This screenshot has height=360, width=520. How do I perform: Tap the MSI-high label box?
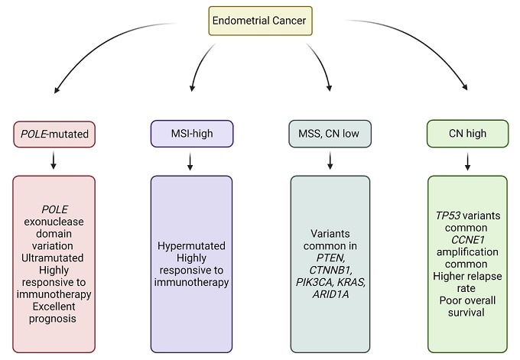[x=191, y=135]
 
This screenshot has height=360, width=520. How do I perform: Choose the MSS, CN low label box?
[x=330, y=135]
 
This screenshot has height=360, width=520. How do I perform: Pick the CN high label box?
[x=467, y=135]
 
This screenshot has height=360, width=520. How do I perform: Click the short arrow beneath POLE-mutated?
[x=53, y=161]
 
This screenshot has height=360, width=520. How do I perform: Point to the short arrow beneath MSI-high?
[x=191, y=161]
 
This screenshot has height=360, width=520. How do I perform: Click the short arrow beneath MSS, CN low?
[x=330, y=161]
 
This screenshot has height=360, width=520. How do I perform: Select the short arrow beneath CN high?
[x=467, y=161]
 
